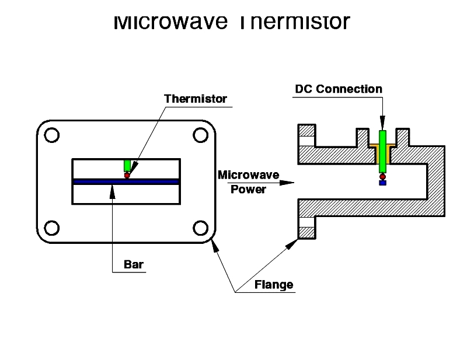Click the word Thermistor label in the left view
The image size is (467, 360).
(196, 99)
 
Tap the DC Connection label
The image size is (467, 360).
(339, 89)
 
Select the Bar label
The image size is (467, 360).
(134, 264)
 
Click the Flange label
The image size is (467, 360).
(274, 285)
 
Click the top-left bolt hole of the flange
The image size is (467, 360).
(51, 135)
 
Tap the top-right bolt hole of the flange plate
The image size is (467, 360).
(201, 135)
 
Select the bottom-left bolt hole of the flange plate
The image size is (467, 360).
(51, 228)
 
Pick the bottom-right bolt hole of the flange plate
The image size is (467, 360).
(201, 228)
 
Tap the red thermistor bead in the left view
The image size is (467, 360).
(127, 174)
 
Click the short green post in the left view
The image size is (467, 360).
(127, 165)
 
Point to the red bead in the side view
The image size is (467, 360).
(382, 176)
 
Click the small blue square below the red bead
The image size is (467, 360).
(382, 183)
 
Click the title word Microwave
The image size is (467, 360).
(169, 22)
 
